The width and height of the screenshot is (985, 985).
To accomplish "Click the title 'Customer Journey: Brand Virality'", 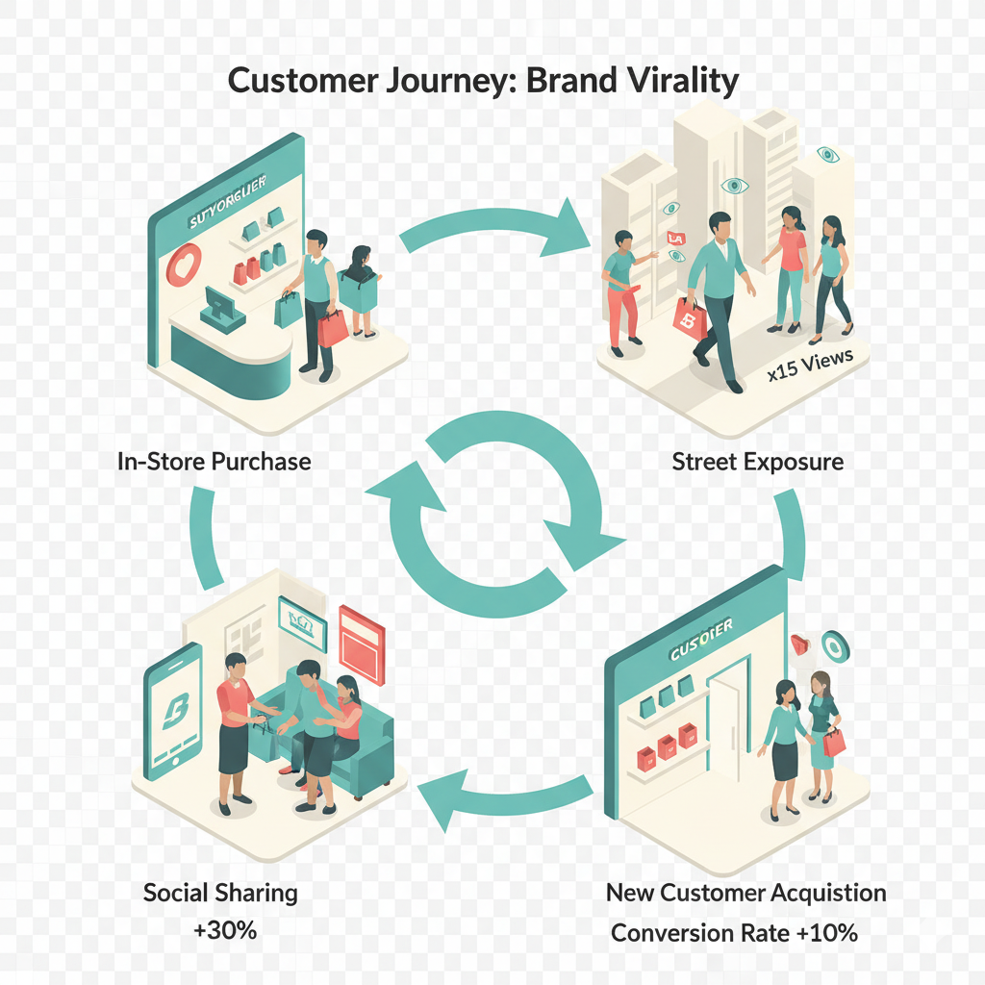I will pos(483,81).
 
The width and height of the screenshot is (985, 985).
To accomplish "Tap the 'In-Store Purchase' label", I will pos(214,461).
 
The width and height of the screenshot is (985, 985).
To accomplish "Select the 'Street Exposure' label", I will pos(757,461).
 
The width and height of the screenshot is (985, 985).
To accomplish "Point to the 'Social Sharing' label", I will pos(220,892).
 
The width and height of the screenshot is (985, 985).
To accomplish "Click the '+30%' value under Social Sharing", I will pos(220,931).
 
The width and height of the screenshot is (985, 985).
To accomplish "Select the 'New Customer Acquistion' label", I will pos(745,893).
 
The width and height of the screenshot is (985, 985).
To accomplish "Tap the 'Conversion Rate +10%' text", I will pos(734,932).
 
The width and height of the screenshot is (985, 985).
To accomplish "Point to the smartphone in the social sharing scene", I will pos(173,711).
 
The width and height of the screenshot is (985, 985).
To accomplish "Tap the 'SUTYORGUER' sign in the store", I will pos(228,201).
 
